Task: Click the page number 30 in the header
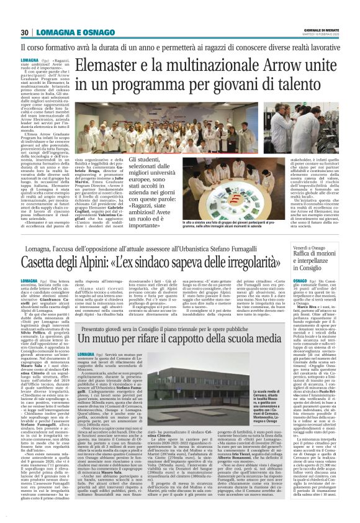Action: pyautogui.click(x=25, y=32)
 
